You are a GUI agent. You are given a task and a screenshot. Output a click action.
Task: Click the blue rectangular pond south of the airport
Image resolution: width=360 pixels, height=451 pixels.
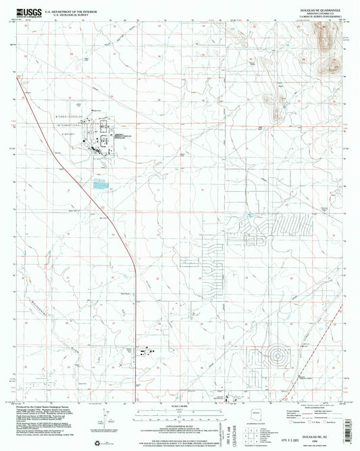tap(101, 182)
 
